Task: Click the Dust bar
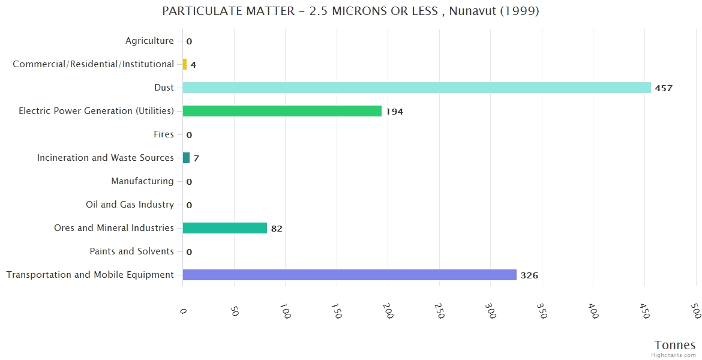[x=416, y=88]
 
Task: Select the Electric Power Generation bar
[x=282, y=111]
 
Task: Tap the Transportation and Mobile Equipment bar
[x=349, y=275]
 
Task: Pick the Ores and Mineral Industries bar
[x=224, y=228]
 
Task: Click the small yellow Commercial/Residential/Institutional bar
[x=185, y=64]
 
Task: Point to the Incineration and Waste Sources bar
[x=186, y=158]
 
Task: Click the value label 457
[x=664, y=88]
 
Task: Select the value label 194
[x=394, y=112]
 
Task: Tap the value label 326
[x=529, y=275]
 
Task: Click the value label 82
[x=277, y=229]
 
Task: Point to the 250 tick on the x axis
[x=440, y=311]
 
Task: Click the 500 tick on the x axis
[x=696, y=311]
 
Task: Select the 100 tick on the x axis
[x=286, y=311]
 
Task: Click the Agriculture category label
[x=149, y=41]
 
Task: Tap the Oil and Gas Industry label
[x=130, y=205]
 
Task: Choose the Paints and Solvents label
[x=131, y=251]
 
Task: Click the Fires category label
[x=163, y=134]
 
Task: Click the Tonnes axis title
[x=675, y=345]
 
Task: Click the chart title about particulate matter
[x=350, y=11]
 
